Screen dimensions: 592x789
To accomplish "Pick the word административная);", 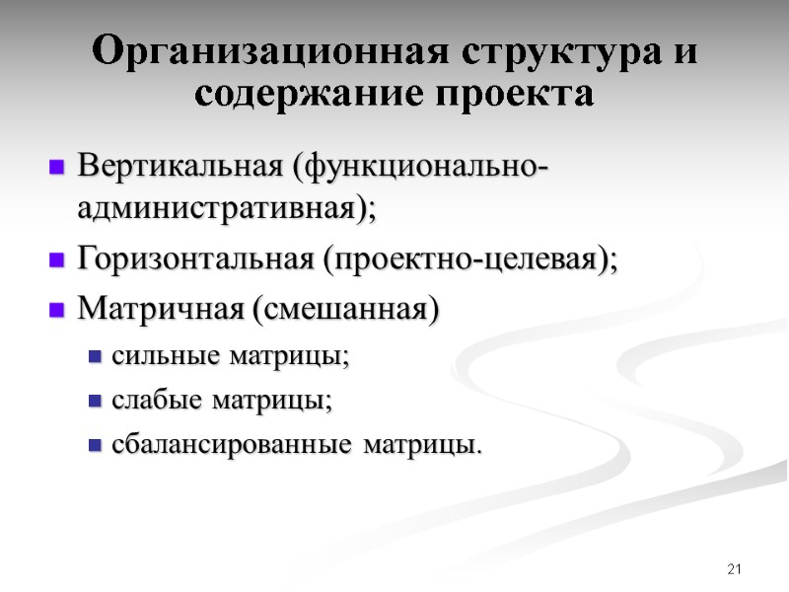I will point(227,208).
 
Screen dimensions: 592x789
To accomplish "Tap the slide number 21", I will point(733,569).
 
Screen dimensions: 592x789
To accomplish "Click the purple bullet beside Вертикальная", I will point(56,167).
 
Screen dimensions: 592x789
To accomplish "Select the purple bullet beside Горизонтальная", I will point(56,261).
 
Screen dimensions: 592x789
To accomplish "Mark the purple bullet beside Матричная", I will point(56,310).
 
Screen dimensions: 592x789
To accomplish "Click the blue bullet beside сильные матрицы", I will point(96,357).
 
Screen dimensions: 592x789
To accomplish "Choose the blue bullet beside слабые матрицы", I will point(96,402).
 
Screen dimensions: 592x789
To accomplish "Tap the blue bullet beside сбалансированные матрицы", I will point(96,446).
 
